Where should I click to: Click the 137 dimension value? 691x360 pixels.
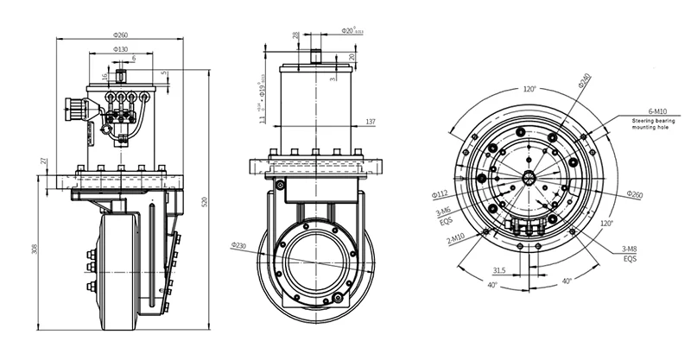[x=371, y=121]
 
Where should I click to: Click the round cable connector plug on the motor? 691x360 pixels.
[x=74, y=110]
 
